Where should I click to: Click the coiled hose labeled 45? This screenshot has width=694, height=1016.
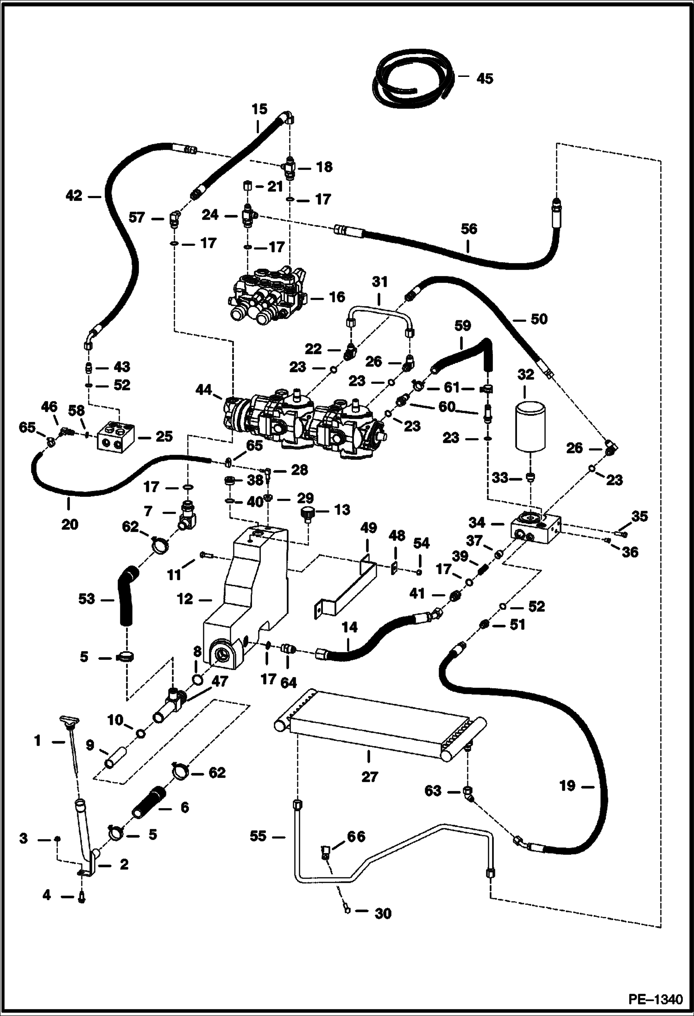408,79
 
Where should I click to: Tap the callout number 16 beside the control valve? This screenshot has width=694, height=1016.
336,297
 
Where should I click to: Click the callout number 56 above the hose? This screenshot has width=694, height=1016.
469,229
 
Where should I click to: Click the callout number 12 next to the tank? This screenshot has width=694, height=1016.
185,599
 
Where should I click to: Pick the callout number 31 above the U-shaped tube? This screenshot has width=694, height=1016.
379,282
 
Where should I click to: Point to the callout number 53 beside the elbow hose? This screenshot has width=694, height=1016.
87,599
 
